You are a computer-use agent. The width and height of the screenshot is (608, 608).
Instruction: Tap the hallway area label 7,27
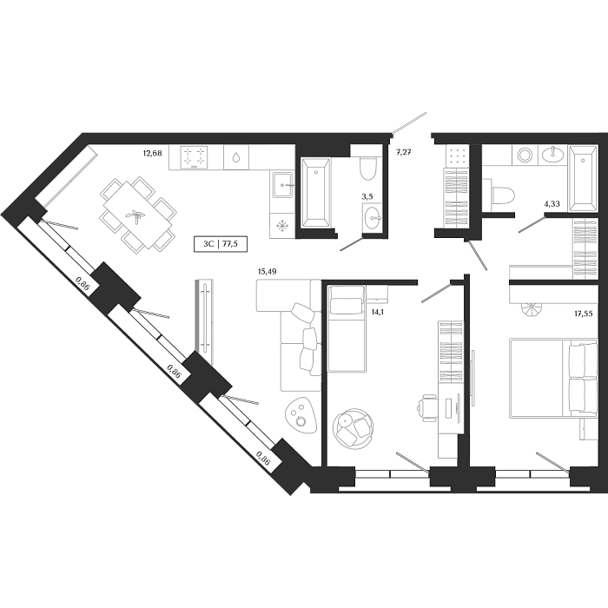click(x=404, y=153)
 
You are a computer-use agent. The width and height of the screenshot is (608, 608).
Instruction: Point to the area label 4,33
click(x=552, y=204)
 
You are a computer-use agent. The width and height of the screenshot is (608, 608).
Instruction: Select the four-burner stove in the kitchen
click(x=194, y=157)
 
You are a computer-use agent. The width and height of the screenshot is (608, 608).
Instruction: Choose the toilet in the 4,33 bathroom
click(x=500, y=191)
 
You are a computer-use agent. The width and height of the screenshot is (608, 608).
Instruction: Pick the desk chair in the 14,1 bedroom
click(x=427, y=406)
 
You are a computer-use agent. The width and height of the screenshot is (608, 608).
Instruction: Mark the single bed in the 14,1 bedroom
click(x=347, y=328)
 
